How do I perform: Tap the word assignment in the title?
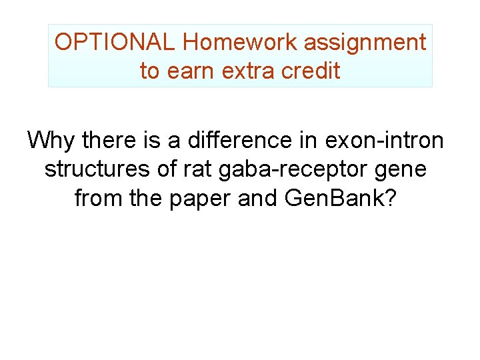[365, 43]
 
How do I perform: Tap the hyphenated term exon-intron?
[384, 141]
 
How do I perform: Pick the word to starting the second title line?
[149, 71]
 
